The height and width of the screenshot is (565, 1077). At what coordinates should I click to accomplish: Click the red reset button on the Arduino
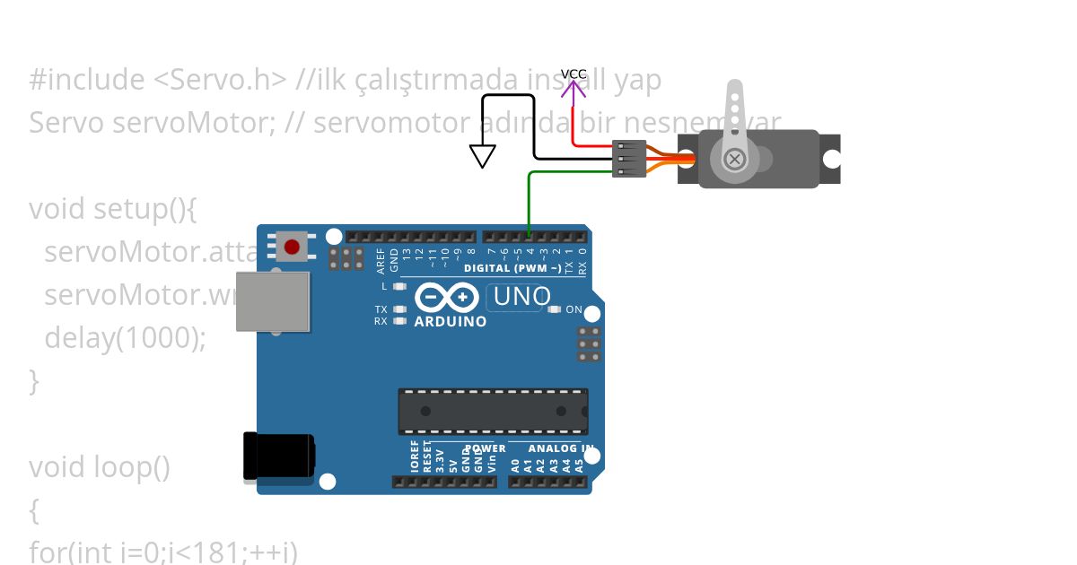point(292,246)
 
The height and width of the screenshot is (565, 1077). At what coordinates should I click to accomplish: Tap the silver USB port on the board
point(273,301)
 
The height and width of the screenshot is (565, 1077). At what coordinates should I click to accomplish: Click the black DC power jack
point(279,456)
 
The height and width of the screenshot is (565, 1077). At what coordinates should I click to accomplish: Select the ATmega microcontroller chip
point(493,412)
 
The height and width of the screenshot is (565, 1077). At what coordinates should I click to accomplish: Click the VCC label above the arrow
point(574,74)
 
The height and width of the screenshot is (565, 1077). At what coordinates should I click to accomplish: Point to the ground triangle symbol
point(483,156)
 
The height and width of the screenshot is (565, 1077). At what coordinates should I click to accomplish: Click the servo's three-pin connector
point(629,159)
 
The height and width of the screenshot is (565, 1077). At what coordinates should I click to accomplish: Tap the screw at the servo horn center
point(734,160)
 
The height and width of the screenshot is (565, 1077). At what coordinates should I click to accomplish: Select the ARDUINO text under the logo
point(451,320)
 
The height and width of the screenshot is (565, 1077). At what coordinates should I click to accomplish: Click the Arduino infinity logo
point(446,297)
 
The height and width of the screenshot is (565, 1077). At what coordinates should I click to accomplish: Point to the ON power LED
point(554,309)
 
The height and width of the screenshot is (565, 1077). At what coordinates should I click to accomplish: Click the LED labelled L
point(399,286)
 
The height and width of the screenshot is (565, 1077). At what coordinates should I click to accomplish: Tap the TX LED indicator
point(399,309)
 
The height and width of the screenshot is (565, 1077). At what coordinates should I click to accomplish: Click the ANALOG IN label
point(560,448)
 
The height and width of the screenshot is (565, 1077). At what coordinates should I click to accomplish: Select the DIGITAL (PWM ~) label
point(512,268)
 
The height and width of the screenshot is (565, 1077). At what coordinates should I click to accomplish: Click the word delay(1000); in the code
point(125,337)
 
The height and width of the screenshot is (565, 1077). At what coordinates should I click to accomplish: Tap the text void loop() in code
point(99,467)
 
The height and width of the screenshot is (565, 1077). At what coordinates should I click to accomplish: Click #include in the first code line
point(86,80)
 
